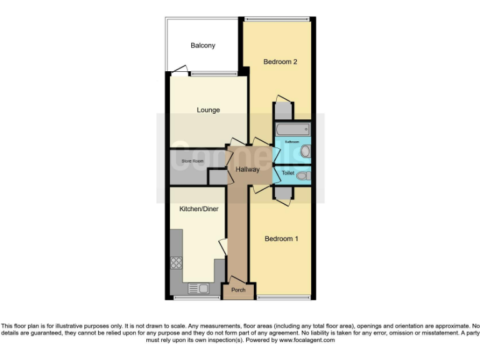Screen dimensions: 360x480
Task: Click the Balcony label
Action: (202, 46)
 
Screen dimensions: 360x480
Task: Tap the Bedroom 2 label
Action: (279, 62)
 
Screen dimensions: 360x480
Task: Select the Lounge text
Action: (208, 110)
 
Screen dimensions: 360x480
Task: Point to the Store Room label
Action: (192, 161)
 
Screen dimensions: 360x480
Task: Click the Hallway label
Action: (247, 169)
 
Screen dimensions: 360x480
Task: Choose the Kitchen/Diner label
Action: (199, 209)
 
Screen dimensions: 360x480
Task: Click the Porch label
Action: (238, 290)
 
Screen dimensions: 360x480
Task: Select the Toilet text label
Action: (287, 172)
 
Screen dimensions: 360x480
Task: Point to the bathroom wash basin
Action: (304, 151)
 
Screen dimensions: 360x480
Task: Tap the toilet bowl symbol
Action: (303, 176)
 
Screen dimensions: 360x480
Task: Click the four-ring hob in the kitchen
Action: (176, 262)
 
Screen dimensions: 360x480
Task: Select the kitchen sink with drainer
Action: (199, 288)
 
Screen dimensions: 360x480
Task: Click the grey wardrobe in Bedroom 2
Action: (283, 111)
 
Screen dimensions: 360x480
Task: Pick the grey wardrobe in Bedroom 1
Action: (283, 193)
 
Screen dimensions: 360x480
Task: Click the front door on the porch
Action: (235, 279)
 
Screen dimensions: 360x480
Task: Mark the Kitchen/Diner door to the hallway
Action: (222, 246)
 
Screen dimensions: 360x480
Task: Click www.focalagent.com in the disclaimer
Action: (307, 341)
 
